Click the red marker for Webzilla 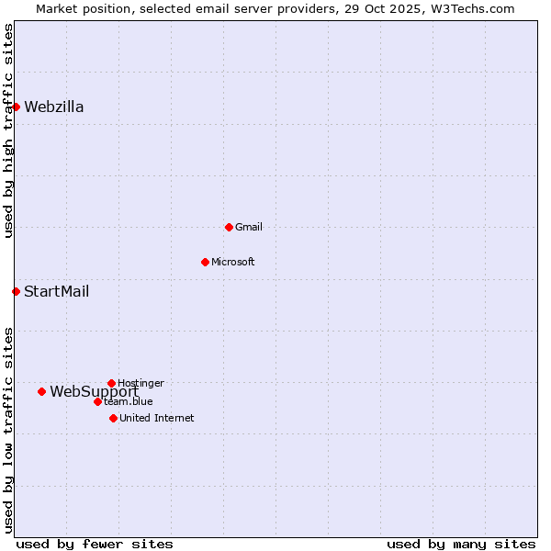[x=16, y=107]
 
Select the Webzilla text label [x=54, y=107]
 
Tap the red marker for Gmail [x=229, y=227]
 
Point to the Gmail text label [x=249, y=227]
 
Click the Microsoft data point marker [x=205, y=262]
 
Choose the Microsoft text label [x=233, y=262]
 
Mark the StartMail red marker [x=16, y=292]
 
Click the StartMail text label [x=57, y=292]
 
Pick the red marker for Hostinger [x=111, y=383]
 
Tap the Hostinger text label [x=141, y=383]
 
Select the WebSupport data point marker [x=41, y=391]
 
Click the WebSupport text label [x=94, y=391]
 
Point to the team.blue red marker [x=97, y=401]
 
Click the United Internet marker [x=113, y=418]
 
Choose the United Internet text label [x=157, y=418]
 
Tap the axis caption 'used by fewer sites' [x=95, y=544]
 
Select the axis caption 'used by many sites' [x=461, y=544]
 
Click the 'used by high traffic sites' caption [x=8, y=130]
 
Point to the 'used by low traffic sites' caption [x=8, y=430]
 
